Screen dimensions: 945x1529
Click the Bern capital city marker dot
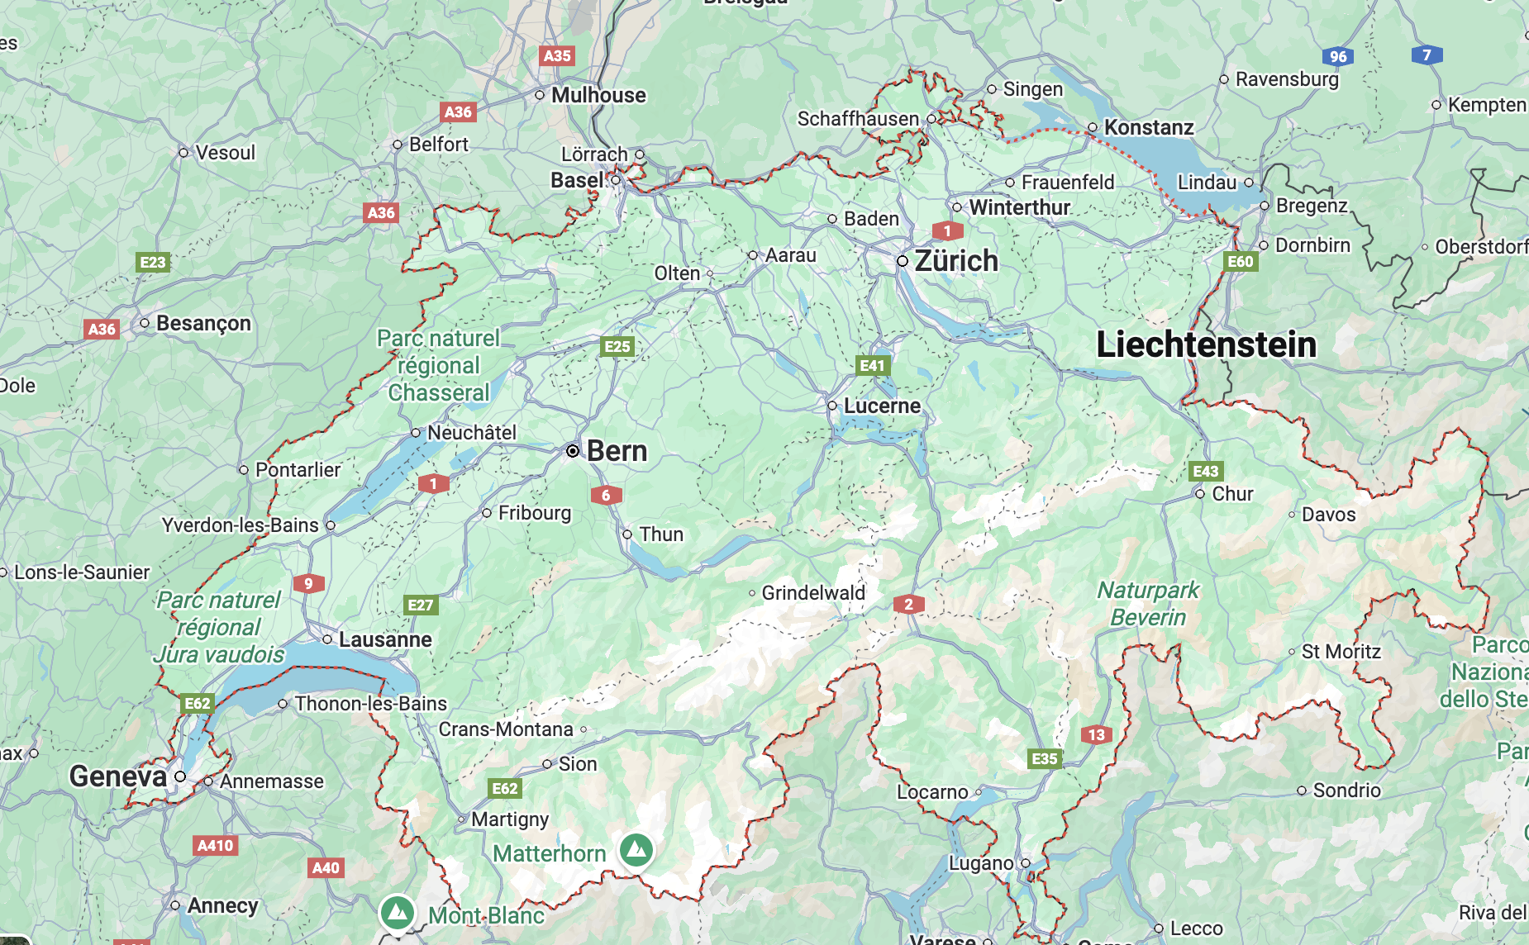coord(573,451)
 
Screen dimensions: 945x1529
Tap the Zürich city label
coord(956,261)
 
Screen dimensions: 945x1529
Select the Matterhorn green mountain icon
coord(636,849)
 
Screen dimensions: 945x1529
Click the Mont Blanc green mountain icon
coord(398,913)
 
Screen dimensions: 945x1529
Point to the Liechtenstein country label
coord(1205,344)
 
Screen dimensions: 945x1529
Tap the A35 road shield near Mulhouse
coord(557,56)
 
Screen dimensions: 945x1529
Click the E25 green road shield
coord(617,346)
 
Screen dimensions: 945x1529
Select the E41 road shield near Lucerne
coord(872,365)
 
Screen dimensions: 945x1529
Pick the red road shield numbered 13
coord(1096,734)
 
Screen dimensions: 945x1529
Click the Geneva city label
coord(118,776)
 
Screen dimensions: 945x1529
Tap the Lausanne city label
coord(385,640)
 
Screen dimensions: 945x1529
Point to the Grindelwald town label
coord(813,593)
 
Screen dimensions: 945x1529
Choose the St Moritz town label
coord(1341,652)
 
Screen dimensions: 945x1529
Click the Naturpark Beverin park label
coord(1148,604)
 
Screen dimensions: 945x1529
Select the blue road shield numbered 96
coord(1338,56)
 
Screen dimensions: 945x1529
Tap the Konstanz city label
coord(1149,127)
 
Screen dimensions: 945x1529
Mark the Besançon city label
coord(203,323)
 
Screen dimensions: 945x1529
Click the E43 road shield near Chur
coord(1206,471)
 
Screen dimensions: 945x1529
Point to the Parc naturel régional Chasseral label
coord(439,365)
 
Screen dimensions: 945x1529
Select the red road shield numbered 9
coord(308,583)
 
